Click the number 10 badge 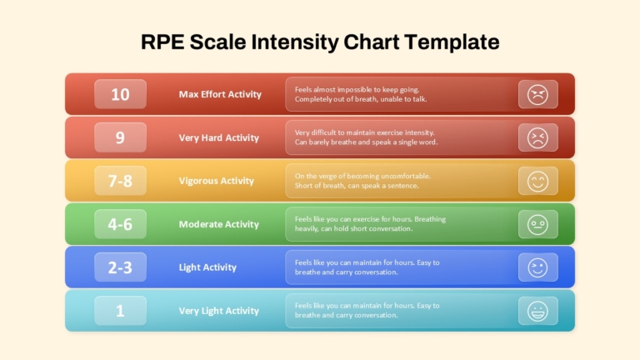coord(120,94)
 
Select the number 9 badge coord(120,137)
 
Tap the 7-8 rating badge coord(120,181)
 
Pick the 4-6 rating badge coord(120,224)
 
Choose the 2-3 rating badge coord(120,267)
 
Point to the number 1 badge coord(120,311)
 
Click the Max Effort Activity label coord(220,94)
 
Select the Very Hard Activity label coord(219,138)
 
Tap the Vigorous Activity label coord(217,181)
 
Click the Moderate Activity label coord(219,224)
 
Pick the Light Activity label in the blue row coord(207,267)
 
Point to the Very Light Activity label coord(219,311)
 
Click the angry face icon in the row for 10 coord(538,95)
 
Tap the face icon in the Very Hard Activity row coord(538,138)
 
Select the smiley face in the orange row coord(538,181)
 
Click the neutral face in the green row coord(538,224)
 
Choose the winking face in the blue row coord(538,267)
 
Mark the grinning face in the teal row coord(538,311)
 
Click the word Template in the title coord(452,42)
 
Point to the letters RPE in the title coord(162,42)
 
